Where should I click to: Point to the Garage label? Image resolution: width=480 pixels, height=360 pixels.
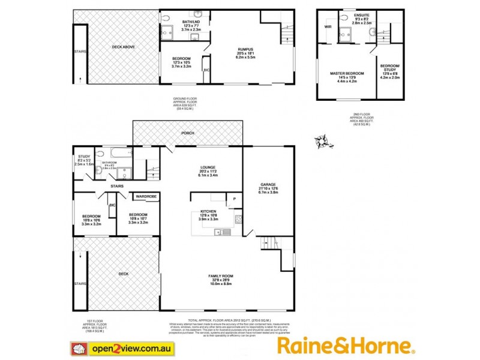tap(268, 185)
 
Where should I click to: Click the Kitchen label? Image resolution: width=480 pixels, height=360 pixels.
tap(208, 212)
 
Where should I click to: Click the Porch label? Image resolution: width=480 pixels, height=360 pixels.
tap(188, 133)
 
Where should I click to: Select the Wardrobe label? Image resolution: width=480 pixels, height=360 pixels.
tap(146, 196)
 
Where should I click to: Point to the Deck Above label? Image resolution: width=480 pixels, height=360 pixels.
tap(124, 47)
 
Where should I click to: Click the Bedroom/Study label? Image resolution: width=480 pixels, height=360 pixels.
tap(390, 70)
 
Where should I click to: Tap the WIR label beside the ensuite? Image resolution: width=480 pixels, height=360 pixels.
tap(328, 27)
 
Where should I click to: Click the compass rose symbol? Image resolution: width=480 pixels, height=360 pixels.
tap(323, 142)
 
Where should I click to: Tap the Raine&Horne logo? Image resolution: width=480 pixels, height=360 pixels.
tap(346, 346)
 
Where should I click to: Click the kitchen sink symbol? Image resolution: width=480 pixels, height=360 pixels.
tap(220, 233)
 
